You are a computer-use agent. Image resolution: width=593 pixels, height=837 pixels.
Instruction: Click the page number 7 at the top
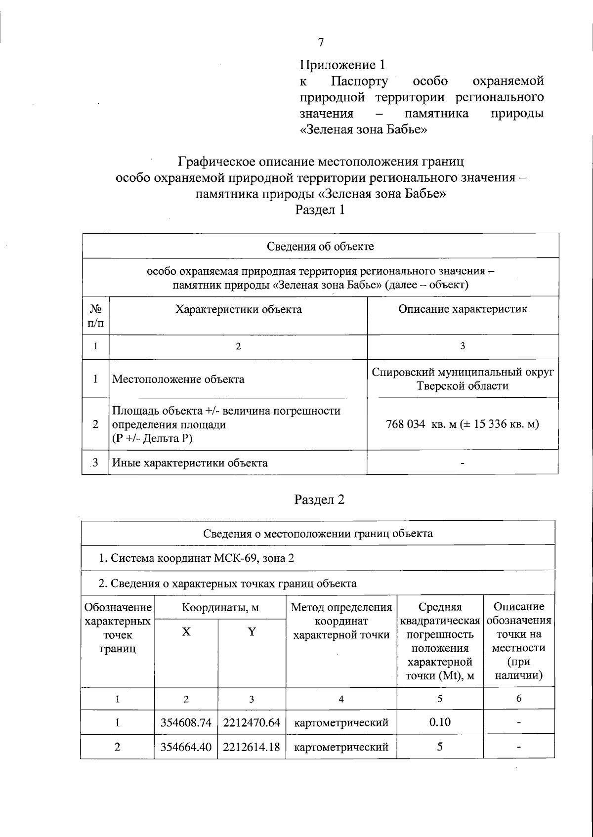(x=321, y=42)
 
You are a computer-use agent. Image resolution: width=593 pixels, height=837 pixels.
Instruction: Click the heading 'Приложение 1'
(x=342, y=65)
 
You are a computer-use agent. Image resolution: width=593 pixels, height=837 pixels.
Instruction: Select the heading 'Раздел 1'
(x=320, y=209)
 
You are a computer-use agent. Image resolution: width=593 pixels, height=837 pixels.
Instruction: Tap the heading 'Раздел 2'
(x=319, y=500)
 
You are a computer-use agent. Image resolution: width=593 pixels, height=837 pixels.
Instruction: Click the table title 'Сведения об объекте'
(x=320, y=246)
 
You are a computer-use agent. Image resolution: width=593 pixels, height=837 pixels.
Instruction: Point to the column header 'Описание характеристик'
(x=463, y=309)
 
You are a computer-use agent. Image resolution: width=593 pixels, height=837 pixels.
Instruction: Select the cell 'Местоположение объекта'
(x=178, y=379)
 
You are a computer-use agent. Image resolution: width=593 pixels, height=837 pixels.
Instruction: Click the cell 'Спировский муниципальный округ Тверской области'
(x=463, y=379)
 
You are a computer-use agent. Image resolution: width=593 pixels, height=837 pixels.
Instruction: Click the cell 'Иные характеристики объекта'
(x=190, y=463)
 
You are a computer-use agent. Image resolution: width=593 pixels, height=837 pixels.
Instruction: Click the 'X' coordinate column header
(x=186, y=632)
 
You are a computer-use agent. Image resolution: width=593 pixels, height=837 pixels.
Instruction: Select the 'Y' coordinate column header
(x=252, y=632)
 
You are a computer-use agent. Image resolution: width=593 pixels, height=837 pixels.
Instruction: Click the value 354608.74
(x=186, y=723)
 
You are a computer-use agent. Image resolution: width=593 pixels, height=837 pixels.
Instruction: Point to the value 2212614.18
(x=252, y=747)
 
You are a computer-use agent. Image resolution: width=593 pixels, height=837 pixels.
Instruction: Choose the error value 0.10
(x=439, y=722)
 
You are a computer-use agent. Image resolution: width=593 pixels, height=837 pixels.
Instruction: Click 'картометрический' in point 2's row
(x=341, y=747)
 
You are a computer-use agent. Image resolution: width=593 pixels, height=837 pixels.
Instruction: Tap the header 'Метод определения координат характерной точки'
(x=341, y=621)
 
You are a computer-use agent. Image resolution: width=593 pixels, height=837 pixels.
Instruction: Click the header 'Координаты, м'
(x=220, y=608)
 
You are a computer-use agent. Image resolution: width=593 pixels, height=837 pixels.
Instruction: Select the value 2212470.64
(x=252, y=723)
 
